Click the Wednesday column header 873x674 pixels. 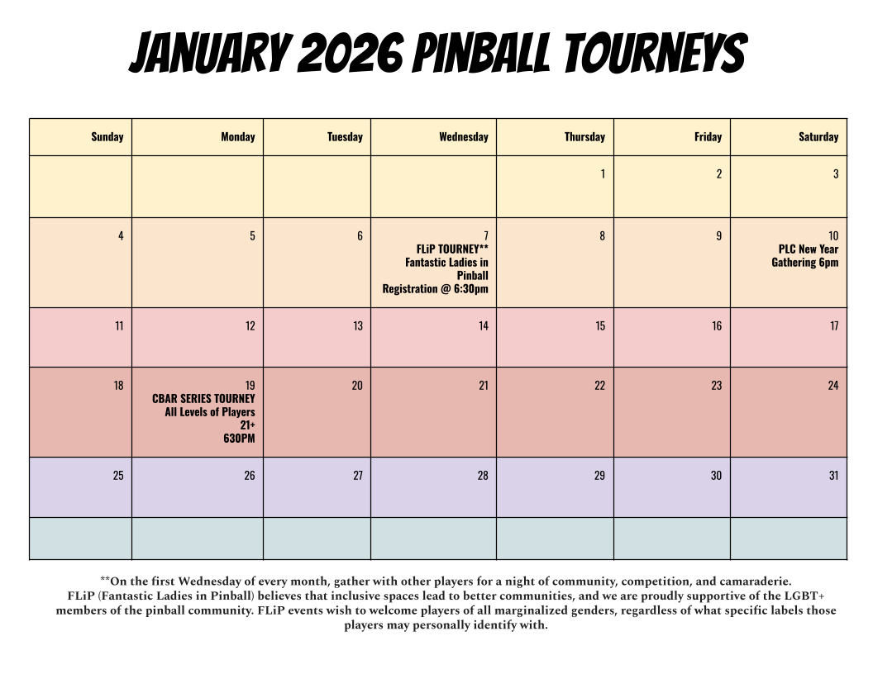coord(463,137)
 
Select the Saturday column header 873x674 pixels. coord(818,137)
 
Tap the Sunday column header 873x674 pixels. coord(107,137)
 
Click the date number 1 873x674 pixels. coord(603,174)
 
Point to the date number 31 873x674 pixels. coord(833,476)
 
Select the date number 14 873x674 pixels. coord(484,326)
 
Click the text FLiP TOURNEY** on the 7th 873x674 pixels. coord(452,249)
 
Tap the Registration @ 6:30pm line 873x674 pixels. coord(435,288)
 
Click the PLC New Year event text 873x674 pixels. coord(805,255)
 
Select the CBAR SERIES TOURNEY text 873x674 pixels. coord(203,399)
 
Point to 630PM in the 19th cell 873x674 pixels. coord(239,439)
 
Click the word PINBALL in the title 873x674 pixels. coord(482,53)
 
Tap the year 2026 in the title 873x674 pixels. coord(350,53)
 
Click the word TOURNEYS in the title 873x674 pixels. coord(655,53)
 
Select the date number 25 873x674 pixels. coord(118,476)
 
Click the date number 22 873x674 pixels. coord(599,386)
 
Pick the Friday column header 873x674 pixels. coord(708,137)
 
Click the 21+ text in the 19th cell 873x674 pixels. coord(248,425)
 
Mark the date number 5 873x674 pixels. coord(252,235)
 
